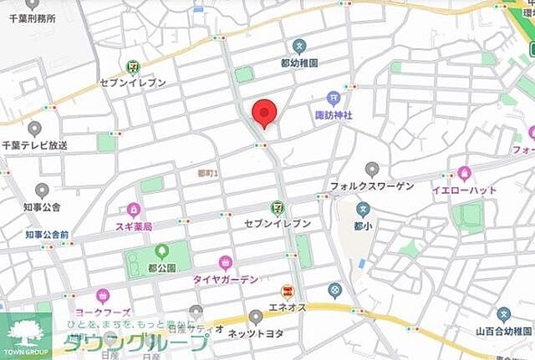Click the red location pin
pos(265,112)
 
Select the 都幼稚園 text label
pos(300,62)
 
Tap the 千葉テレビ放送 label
pos(35,145)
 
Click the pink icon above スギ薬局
pos(134,210)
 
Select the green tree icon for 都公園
pos(161,250)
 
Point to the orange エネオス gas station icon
pos(287,292)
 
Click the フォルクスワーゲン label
pos(372,186)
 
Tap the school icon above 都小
pos(363,209)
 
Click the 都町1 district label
pos(207,173)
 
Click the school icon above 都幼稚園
pos(300,46)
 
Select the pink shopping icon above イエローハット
pos(465,174)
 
